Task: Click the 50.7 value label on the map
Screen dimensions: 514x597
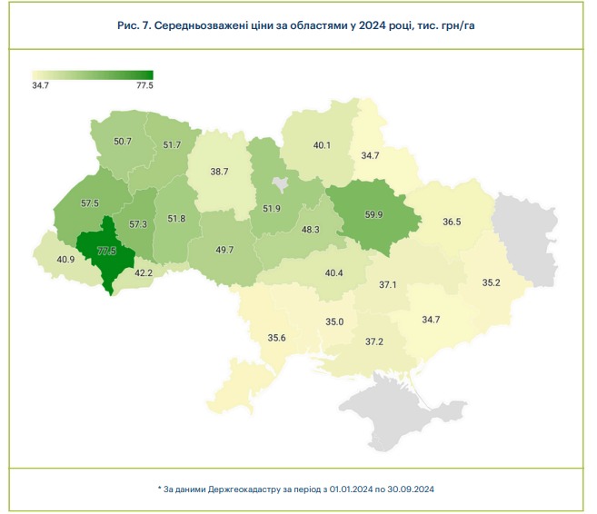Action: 123,142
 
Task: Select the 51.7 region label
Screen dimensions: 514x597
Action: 172,145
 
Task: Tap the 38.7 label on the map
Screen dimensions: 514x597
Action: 219,171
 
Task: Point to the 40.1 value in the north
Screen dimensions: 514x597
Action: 322,145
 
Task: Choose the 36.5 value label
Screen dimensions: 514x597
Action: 452,222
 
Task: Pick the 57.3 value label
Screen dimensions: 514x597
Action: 138,224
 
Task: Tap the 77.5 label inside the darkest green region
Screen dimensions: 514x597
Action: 107,251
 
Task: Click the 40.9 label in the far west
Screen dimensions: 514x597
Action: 65,260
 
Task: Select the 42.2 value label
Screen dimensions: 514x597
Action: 144,272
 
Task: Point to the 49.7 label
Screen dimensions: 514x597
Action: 224,250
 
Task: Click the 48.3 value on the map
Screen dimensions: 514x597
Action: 310,230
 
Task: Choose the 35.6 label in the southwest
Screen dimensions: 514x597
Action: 277,338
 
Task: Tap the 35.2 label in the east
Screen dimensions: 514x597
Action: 492,282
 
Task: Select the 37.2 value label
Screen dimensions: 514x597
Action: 373,341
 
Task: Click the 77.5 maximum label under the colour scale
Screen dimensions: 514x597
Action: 144,85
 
